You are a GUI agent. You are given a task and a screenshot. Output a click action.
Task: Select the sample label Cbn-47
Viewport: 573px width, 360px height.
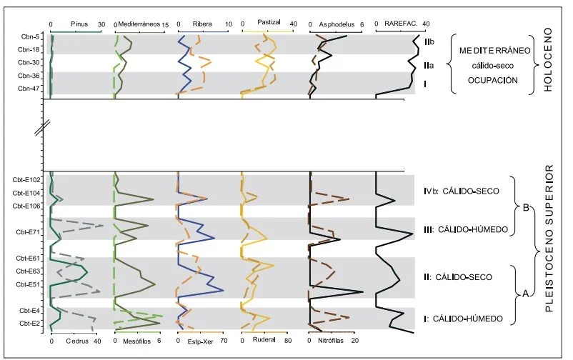click(x=29, y=89)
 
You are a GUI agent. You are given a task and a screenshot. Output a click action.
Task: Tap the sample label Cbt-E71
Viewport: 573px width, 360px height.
click(x=28, y=231)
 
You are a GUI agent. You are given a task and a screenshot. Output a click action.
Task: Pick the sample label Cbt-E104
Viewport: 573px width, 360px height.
click(x=28, y=193)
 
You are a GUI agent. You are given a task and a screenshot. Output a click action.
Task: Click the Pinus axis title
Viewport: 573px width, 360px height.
click(x=79, y=24)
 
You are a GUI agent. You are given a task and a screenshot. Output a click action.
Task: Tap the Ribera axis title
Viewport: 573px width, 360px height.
click(x=202, y=24)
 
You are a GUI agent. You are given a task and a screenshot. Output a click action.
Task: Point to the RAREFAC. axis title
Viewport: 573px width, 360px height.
click(x=402, y=24)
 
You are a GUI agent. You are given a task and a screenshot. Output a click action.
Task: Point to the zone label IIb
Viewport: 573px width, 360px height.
click(x=429, y=44)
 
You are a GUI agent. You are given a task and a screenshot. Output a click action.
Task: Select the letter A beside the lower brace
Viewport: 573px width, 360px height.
click(x=526, y=293)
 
